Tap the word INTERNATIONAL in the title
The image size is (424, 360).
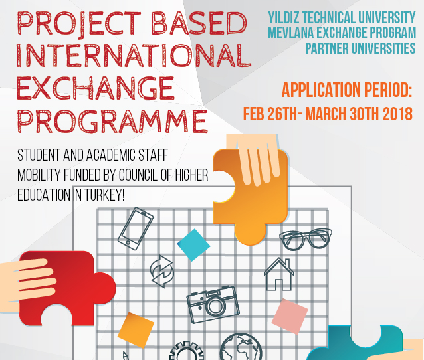tap(133, 55)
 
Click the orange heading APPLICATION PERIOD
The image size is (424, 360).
tap(347, 90)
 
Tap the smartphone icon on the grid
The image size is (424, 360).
tap(135, 228)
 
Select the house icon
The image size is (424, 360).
tap(278, 274)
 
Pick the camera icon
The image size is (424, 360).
tap(212, 305)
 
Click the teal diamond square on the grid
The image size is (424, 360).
tap(193, 244)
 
